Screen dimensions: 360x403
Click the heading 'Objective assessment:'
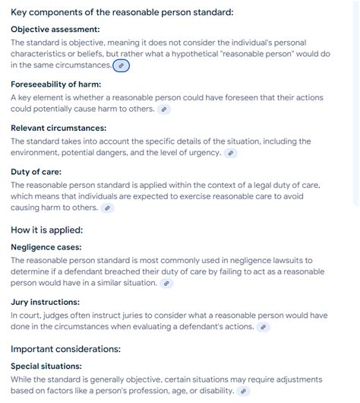click(x=55, y=29)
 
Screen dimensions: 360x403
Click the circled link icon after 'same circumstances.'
click(x=122, y=66)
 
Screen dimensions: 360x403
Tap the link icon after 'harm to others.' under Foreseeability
click(x=164, y=109)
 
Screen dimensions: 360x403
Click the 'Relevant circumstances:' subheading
click(x=58, y=128)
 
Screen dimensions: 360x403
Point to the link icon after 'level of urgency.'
click(x=231, y=153)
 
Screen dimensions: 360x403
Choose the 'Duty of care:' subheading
click(x=36, y=171)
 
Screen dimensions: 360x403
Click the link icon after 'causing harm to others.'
click(x=108, y=208)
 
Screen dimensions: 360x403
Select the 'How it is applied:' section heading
click(x=47, y=230)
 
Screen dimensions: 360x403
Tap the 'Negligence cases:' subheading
click(x=46, y=247)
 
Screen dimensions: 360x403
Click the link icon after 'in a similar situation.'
click(x=167, y=284)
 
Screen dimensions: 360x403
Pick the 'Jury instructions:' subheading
click(x=46, y=302)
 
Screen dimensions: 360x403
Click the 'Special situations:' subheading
click(x=46, y=367)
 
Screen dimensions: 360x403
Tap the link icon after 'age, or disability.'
click(x=244, y=392)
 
